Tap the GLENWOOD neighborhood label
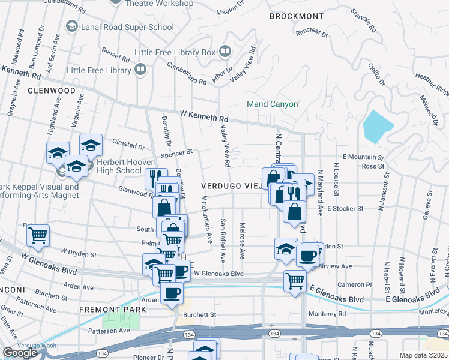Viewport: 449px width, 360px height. tap(51, 91)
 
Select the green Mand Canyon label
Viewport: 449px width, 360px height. tap(273, 104)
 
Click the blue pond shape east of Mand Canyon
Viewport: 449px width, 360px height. tap(378, 125)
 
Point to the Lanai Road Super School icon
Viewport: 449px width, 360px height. tap(72, 26)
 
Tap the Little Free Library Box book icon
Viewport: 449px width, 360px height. tap(224, 52)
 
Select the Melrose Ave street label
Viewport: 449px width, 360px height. tap(242, 241)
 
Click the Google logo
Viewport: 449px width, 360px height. tap(20, 353)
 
